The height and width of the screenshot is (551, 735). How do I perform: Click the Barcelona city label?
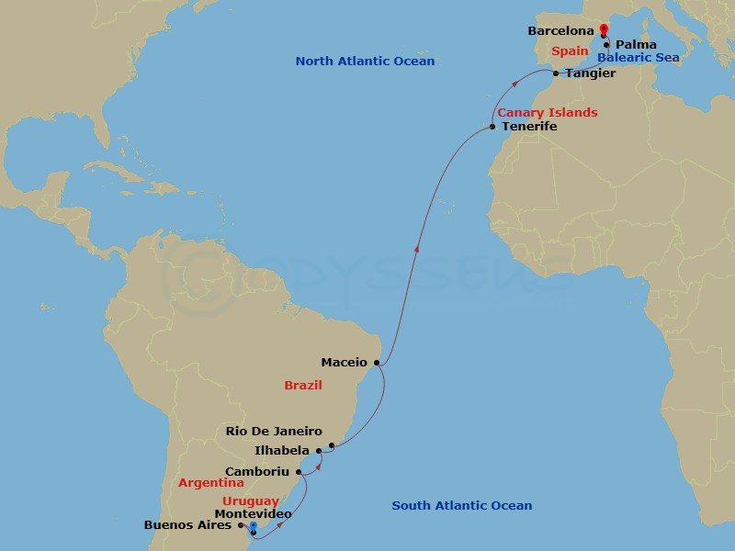coord(560,31)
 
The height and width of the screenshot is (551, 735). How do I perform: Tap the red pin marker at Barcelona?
coord(603,30)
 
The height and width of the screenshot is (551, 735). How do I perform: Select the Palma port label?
coord(636,44)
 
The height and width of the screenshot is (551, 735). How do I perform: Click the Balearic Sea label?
coord(638,57)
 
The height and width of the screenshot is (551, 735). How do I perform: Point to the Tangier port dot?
coord(555,73)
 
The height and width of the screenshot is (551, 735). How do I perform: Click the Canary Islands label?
coord(548,113)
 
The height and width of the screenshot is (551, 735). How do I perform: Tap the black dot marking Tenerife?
coord(493,127)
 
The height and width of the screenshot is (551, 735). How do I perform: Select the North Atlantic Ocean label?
coord(365,62)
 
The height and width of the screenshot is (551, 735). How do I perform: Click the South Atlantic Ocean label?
coord(461,506)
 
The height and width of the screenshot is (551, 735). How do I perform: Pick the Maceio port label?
coord(345,362)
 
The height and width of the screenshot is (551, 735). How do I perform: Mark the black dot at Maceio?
coord(376,363)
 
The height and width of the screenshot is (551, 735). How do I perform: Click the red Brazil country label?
coord(302,386)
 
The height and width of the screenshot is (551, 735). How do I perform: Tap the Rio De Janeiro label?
coord(274,431)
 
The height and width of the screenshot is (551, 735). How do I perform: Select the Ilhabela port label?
coord(280,451)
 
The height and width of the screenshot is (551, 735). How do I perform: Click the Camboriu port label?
coord(257,472)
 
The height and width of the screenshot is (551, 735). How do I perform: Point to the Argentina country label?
coord(211,482)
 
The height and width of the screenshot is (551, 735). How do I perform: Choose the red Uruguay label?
coord(251,501)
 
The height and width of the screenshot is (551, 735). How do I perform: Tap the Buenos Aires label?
coord(187,525)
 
